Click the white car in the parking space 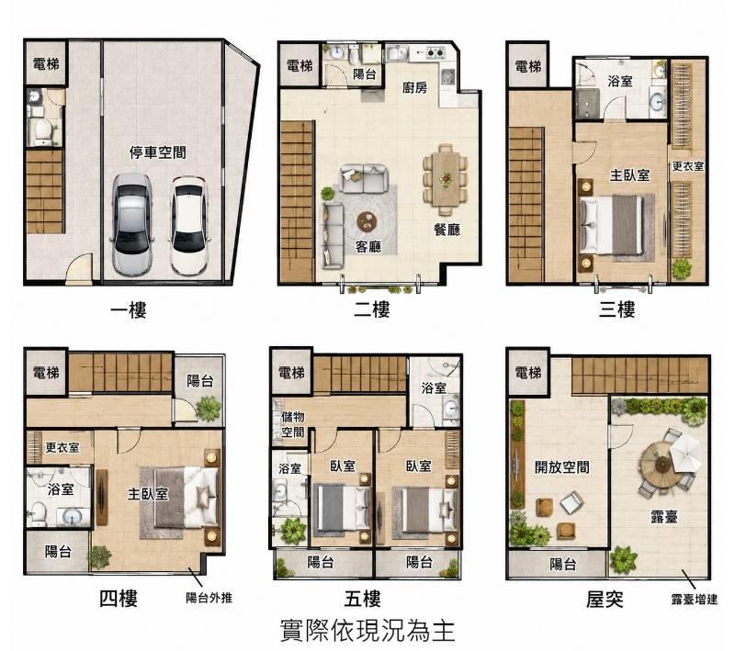(x=189, y=225)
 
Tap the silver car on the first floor (x=132, y=224)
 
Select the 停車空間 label (x=158, y=152)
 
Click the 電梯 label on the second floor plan (x=300, y=65)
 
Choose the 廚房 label (x=414, y=87)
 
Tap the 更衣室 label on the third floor (x=687, y=166)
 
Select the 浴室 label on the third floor (x=619, y=81)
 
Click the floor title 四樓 (x=119, y=598)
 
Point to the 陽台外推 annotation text (x=209, y=598)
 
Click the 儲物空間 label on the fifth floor (x=292, y=424)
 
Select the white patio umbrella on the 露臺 (x=684, y=451)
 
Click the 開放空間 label (x=562, y=466)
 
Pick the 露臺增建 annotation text (x=695, y=599)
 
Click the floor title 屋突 (x=605, y=599)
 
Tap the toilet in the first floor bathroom (x=42, y=131)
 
